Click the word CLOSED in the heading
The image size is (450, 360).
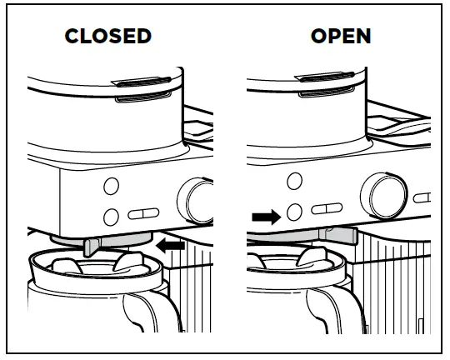108,37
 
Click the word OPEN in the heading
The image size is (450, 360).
341,37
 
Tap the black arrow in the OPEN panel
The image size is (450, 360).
266,217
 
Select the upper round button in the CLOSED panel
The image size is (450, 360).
112,185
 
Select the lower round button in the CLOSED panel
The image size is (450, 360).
112,217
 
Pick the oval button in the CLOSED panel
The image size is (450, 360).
146,211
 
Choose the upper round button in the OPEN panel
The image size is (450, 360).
293,181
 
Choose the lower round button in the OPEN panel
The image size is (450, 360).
293,211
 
